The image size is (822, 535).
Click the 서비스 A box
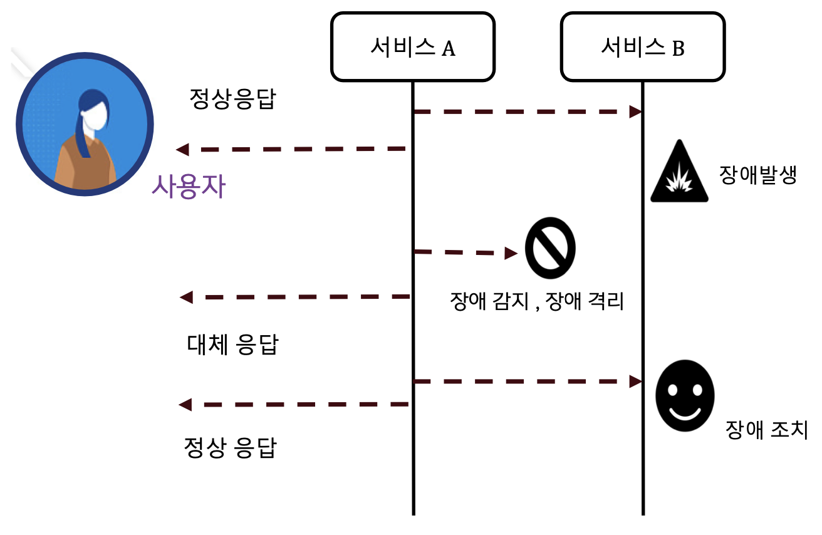412,47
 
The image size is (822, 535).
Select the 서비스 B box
643,47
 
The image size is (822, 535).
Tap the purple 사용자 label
188,187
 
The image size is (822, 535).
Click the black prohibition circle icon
550,249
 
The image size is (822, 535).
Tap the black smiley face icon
684,395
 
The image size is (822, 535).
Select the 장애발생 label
757,175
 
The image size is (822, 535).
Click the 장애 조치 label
766,430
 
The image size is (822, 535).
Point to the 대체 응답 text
232,345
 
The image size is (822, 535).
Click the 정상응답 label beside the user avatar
232,99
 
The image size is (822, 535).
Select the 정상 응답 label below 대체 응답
230,447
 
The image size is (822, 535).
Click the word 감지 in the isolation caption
505,303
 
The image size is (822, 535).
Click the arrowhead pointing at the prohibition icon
512,253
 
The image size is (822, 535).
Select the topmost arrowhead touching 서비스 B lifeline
636,112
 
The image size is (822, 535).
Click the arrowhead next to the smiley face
636,382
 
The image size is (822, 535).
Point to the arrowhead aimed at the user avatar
182,150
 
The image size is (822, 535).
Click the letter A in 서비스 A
449,48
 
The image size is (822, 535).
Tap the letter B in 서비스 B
678,48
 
